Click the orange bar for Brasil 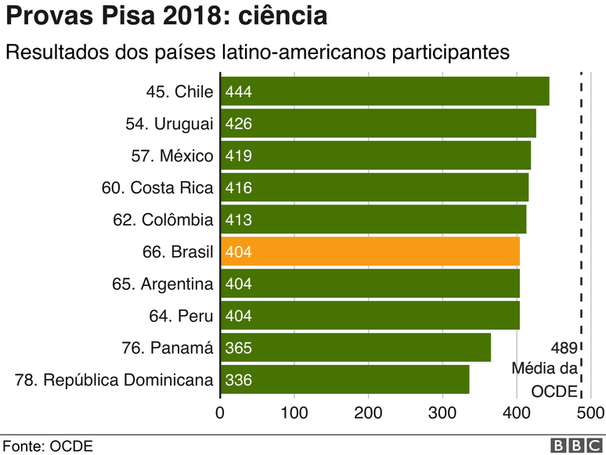click(x=370, y=251)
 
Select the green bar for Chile click(x=384, y=92)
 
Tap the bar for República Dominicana click(x=344, y=380)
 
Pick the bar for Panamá click(x=355, y=348)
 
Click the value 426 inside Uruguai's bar click(x=238, y=124)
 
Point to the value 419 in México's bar click(x=238, y=156)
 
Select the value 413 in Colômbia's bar click(x=238, y=220)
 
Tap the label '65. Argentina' click(x=163, y=283)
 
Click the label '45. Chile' click(x=179, y=92)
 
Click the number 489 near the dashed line click(x=564, y=348)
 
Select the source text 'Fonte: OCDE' click(x=47, y=446)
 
